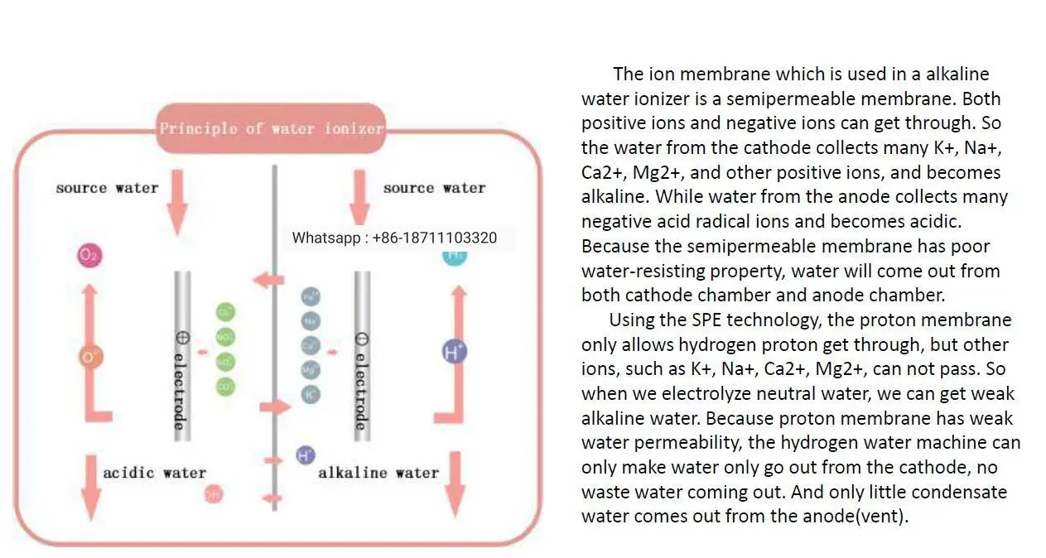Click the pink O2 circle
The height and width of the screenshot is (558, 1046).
point(89,256)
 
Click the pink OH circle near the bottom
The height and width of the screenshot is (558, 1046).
point(214,495)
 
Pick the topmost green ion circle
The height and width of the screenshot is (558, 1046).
point(225,312)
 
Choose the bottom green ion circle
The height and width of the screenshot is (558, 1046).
point(225,386)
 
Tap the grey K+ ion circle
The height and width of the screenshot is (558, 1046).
point(311,395)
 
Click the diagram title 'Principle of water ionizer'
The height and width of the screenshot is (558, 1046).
point(272,128)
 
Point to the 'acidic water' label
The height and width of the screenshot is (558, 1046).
point(154,473)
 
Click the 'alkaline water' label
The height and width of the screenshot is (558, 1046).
point(378,473)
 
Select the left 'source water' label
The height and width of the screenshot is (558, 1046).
point(107,188)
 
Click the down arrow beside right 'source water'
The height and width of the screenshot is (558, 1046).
point(359,196)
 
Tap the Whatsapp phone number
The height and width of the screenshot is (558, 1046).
point(394,238)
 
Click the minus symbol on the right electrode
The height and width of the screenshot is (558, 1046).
point(361,339)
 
